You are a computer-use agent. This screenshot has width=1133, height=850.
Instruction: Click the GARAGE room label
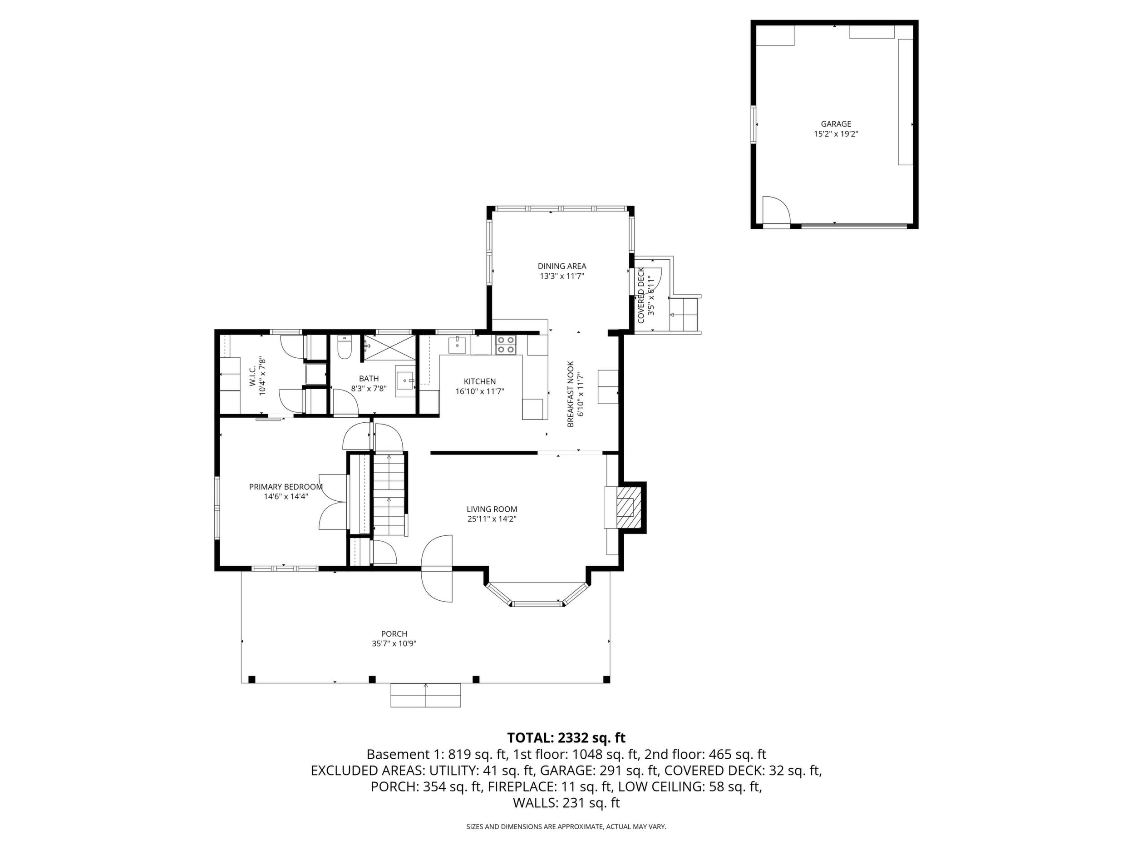pyautogui.click(x=836, y=124)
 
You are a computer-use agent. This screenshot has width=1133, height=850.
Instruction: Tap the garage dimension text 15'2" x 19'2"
pyautogui.click(x=836, y=134)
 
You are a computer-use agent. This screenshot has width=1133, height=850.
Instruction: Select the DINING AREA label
pyautogui.click(x=562, y=266)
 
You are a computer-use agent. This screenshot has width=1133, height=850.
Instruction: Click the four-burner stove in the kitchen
pyautogui.click(x=506, y=344)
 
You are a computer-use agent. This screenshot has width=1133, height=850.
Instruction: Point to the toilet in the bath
pyautogui.click(x=344, y=348)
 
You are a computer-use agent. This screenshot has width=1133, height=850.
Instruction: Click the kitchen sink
pyautogui.click(x=457, y=346)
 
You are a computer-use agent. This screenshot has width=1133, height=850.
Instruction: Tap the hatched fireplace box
pyautogui.click(x=628, y=507)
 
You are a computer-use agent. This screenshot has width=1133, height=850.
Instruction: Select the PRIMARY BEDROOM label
pyautogui.click(x=286, y=487)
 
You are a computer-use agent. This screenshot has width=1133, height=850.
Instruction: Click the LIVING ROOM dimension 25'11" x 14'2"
pyautogui.click(x=492, y=519)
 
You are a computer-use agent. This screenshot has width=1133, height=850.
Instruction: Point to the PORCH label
pyautogui.click(x=394, y=634)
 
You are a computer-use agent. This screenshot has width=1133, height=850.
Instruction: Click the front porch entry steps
pyautogui.click(x=426, y=695)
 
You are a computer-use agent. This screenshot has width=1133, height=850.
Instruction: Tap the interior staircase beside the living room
pyautogui.click(x=389, y=494)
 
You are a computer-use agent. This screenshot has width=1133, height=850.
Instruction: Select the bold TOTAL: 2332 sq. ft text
pyautogui.click(x=566, y=738)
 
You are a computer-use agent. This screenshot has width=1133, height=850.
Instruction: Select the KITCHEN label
pyautogui.click(x=480, y=381)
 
